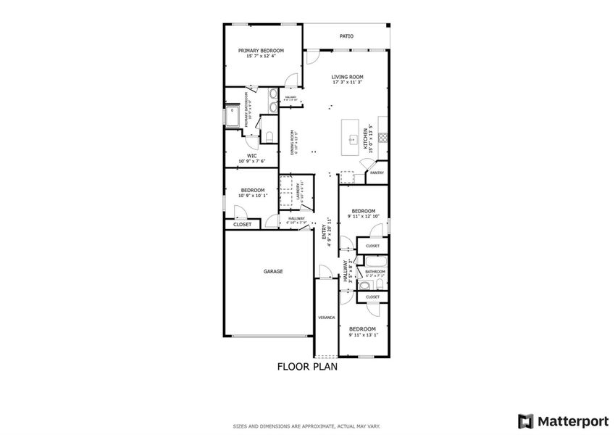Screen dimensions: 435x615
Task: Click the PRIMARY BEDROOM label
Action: tap(262, 51)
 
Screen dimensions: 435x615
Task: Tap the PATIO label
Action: tap(346, 36)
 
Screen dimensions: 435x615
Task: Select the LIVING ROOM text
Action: tap(347, 77)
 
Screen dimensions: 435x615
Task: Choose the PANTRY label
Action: tap(377, 173)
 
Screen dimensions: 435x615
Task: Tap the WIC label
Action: tap(252, 155)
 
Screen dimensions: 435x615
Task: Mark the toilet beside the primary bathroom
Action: tap(267, 137)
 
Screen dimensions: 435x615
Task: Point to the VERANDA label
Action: tap(326, 318)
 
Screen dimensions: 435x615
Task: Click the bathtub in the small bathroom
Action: tap(375, 262)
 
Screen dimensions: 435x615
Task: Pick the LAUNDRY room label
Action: tap(298, 190)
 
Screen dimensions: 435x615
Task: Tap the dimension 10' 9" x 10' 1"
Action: tap(253, 195)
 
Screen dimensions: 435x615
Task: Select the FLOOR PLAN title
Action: tap(307, 367)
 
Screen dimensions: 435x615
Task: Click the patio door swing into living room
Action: tap(312, 57)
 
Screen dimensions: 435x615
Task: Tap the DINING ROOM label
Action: tap(293, 142)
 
